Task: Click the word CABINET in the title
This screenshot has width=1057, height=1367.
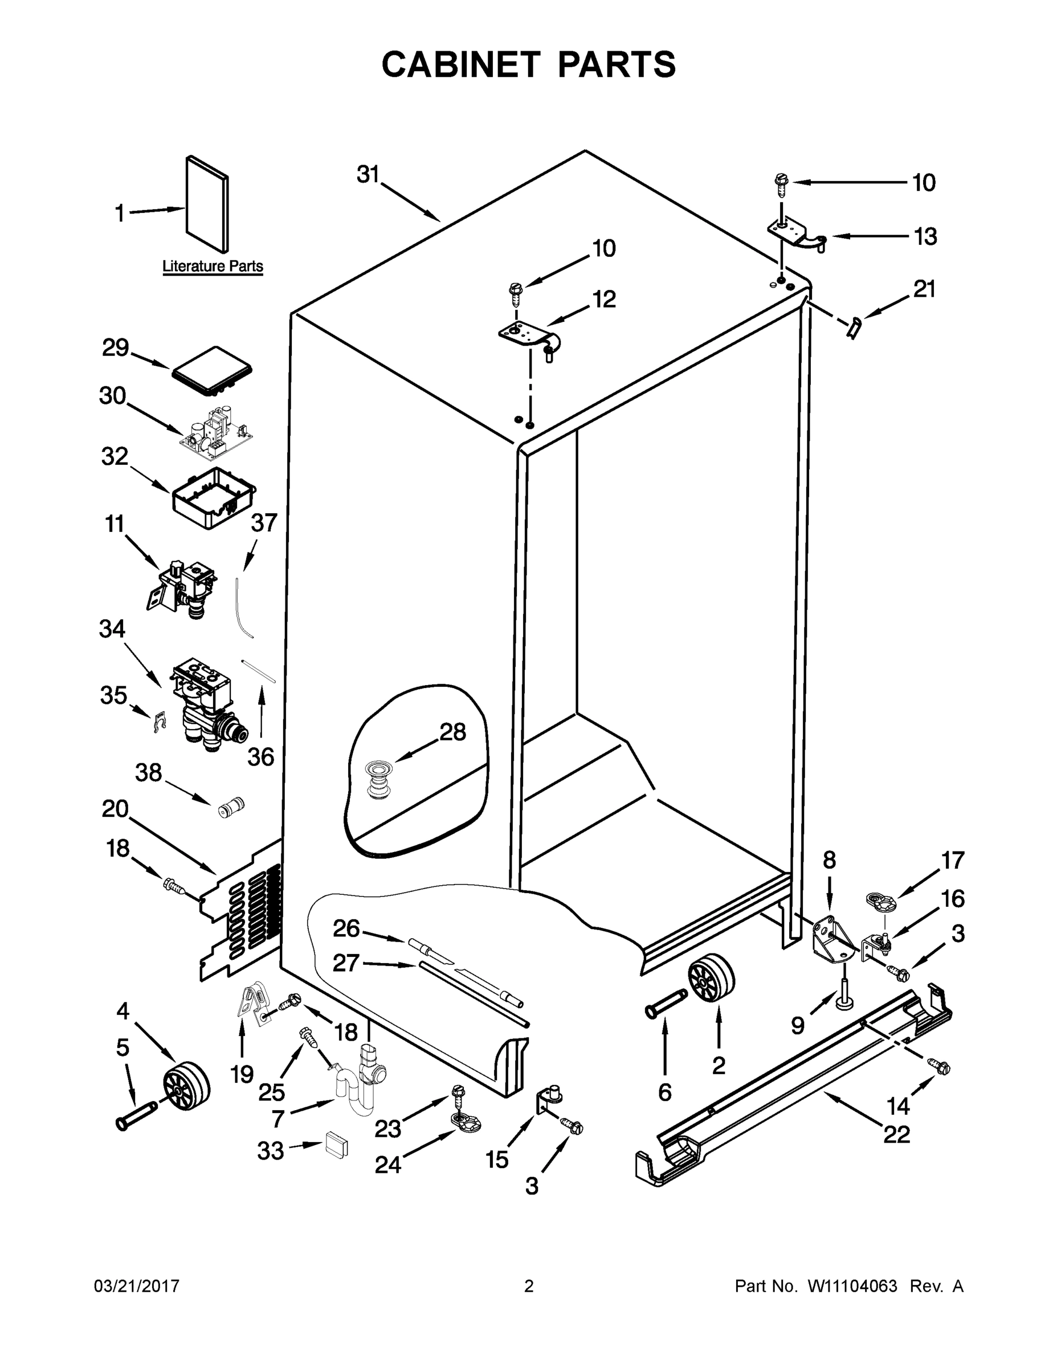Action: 461,64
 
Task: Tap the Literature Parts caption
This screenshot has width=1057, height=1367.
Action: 213,266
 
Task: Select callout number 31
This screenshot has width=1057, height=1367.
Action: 368,175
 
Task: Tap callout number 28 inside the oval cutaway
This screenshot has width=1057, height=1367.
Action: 452,732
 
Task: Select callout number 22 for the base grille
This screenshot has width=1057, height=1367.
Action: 896,1133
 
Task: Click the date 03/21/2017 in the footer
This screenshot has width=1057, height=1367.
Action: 137,1286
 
